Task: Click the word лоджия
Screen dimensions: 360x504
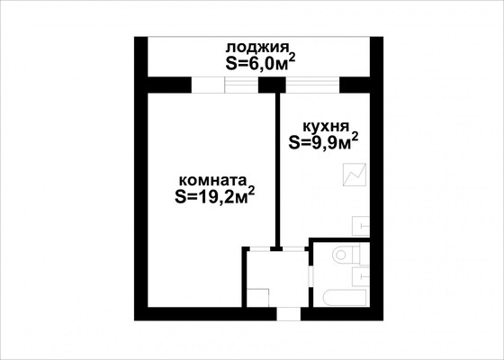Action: click(x=256, y=48)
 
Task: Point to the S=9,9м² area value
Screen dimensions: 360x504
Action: click(x=323, y=141)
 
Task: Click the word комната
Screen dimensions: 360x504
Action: click(x=211, y=178)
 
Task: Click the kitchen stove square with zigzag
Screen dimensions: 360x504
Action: click(x=353, y=172)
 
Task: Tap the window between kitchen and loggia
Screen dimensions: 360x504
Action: click(x=311, y=85)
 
